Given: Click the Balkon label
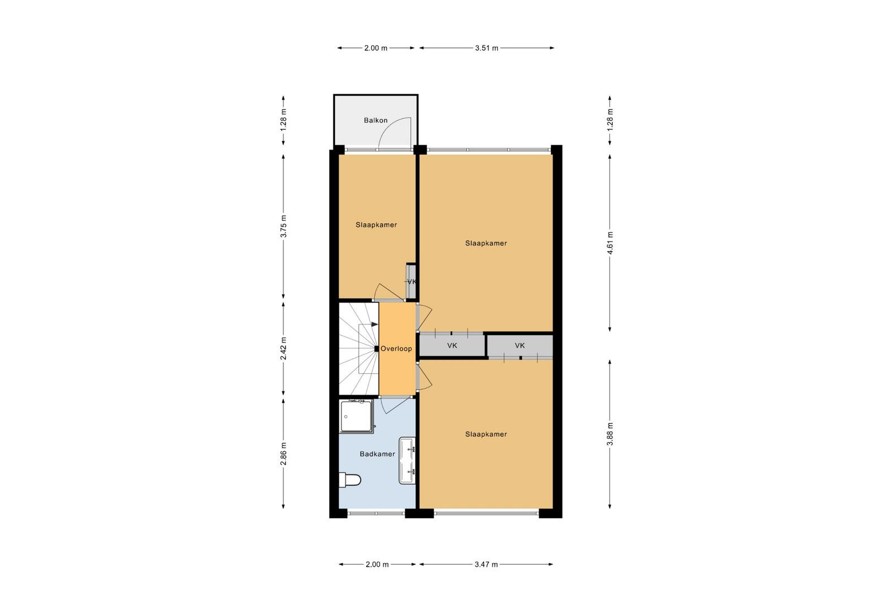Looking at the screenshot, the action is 376,121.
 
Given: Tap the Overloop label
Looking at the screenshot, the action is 396,349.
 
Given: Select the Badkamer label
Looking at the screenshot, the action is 377,454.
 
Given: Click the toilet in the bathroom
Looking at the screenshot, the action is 349,480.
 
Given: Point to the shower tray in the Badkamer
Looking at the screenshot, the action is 357,416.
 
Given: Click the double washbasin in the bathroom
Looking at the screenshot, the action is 407,461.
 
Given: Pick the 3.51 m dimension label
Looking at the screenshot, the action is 486,48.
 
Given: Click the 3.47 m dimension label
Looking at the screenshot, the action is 486,564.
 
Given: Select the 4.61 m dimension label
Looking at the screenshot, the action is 610,243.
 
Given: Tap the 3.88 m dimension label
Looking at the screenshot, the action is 610,434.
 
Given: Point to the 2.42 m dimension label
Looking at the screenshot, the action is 283,348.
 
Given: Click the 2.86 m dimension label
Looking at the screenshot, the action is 283,454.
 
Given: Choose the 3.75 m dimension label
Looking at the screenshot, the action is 283,227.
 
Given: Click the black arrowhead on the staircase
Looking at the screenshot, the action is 375,324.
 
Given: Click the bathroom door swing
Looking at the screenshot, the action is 395,405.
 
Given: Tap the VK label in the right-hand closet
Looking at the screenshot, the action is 520,345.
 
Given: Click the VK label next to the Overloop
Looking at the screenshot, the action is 452,345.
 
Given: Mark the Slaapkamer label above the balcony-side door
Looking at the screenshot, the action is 376,225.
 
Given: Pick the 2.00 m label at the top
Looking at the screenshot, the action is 376,48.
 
